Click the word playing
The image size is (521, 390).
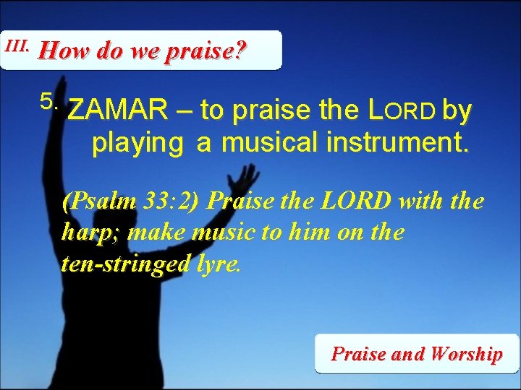coord(137,143)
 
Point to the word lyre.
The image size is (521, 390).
coord(219,264)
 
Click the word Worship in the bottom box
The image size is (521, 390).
coord(466,354)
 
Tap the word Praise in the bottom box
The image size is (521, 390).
coord(357,354)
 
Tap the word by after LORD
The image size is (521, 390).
coord(457,112)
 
